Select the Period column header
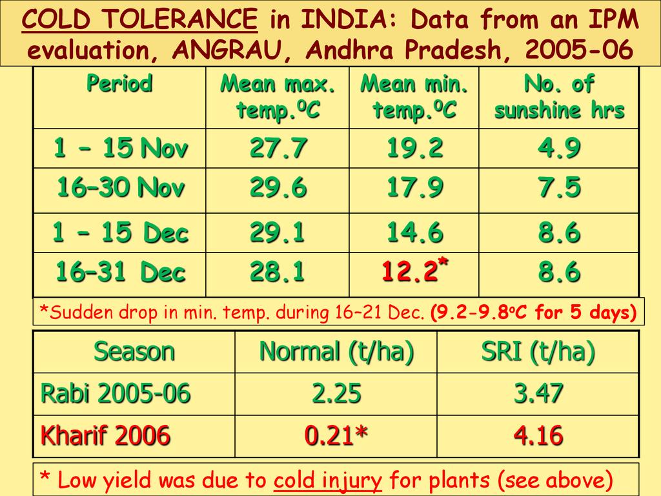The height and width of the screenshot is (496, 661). click(x=119, y=84)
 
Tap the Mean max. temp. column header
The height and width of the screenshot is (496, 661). click(x=278, y=97)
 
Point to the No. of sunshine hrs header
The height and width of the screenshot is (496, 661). click(x=559, y=97)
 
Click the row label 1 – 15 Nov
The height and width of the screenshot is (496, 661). click(x=121, y=149)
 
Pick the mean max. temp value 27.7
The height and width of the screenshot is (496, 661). click(x=278, y=149)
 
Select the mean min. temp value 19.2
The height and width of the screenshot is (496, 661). click(x=414, y=149)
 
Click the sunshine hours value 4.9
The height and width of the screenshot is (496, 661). click(x=559, y=149)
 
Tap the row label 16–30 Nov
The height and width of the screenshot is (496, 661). click(x=121, y=189)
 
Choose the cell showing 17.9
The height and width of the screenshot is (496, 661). click(x=414, y=189)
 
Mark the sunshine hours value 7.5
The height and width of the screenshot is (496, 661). click(x=559, y=189)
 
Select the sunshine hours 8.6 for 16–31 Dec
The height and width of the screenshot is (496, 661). click(x=559, y=273)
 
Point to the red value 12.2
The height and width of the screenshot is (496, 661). click(x=409, y=273)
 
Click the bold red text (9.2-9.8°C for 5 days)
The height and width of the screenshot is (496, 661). click(x=533, y=314)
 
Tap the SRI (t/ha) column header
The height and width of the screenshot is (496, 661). click(x=538, y=352)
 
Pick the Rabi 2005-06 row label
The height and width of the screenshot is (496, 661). click(x=116, y=393)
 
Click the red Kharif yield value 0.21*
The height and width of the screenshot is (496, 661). click(x=336, y=436)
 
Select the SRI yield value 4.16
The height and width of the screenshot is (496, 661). click(x=538, y=436)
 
